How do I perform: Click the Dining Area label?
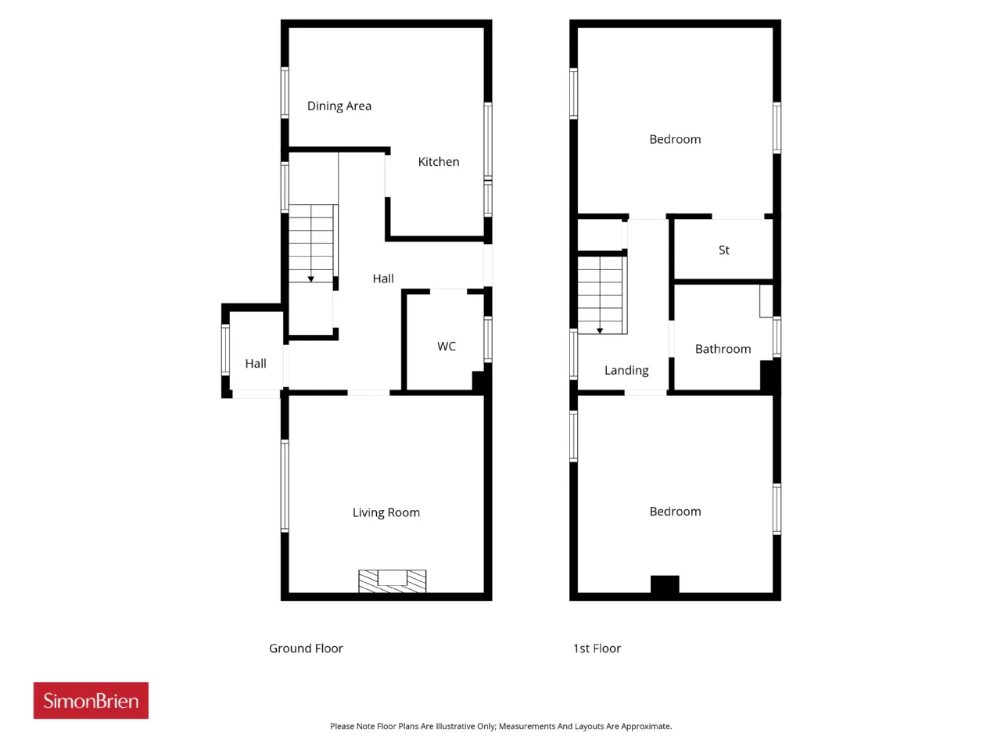pyautogui.click(x=339, y=106)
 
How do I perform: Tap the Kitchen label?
pyautogui.click(x=438, y=162)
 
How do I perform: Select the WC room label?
pyautogui.click(x=446, y=346)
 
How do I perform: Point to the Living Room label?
pyautogui.click(x=386, y=512)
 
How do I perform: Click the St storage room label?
pyautogui.click(x=723, y=250)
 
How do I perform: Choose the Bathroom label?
pyautogui.click(x=723, y=349)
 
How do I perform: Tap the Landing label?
pyautogui.click(x=626, y=371)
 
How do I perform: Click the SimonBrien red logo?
pyautogui.click(x=91, y=700)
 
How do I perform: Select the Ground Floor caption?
pyautogui.click(x=306, y=649)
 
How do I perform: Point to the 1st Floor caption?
pyautogui.click(x=597, y=649)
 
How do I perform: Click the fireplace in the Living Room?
pyautogui.click(x=393, y=581)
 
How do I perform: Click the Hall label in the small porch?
pyautogui.click(x=256, y=364)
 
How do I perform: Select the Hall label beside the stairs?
pyautogui.click(x=383, y=278)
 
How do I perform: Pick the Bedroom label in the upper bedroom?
pyautogui.click(x=675, y=139)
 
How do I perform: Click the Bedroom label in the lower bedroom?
pyautogui.click(x=675, y=512)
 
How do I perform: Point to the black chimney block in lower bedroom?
pyautogui.click(x=665, y=584)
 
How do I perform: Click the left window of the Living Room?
pyautogui.click(x=285, y=486)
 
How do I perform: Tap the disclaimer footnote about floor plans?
pyautogui.click(x=500, y=727)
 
